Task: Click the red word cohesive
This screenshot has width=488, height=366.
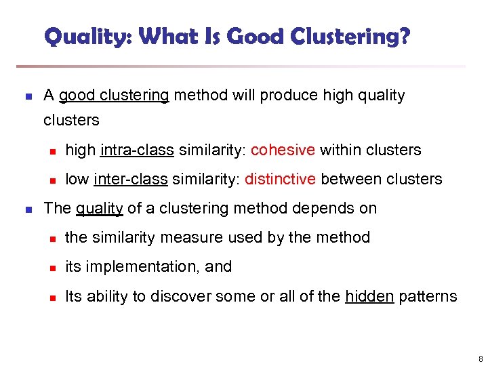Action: [283, 150]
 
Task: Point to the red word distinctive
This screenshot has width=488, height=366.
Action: [281, 179]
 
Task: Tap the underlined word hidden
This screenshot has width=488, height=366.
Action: [369, 296]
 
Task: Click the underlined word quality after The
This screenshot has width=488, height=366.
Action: [99, 208]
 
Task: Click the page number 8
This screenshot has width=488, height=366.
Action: [480, 359]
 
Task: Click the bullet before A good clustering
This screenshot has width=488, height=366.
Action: [28, 96]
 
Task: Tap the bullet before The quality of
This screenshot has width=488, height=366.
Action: [28, 209]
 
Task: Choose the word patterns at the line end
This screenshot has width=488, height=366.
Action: [428, 296]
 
